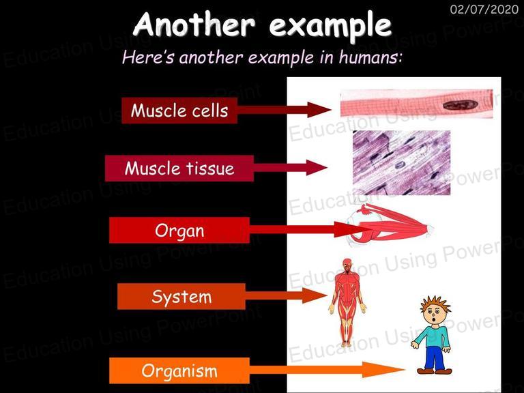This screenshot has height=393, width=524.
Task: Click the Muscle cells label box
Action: point(179,111)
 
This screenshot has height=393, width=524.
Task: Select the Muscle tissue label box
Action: point(179,168)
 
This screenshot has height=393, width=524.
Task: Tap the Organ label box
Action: point(179,230)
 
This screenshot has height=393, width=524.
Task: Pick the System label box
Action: point(181,296)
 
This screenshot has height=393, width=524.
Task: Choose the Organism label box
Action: point(179,370)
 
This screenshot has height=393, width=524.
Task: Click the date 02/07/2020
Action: point(484,9)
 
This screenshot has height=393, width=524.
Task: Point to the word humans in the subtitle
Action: point(369,57)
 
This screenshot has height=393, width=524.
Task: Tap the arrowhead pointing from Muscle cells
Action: point(319,110)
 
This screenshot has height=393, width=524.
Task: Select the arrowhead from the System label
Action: point(315,295)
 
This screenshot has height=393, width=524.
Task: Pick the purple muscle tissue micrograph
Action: point(401,163)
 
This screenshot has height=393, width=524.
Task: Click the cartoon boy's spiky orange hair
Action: point(435,304)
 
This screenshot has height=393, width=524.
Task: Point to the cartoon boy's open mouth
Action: point(434,320)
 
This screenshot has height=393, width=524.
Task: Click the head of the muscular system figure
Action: point(347,264)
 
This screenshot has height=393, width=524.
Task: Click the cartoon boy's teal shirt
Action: point(432,336)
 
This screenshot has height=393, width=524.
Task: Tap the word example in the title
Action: point(330,26)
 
